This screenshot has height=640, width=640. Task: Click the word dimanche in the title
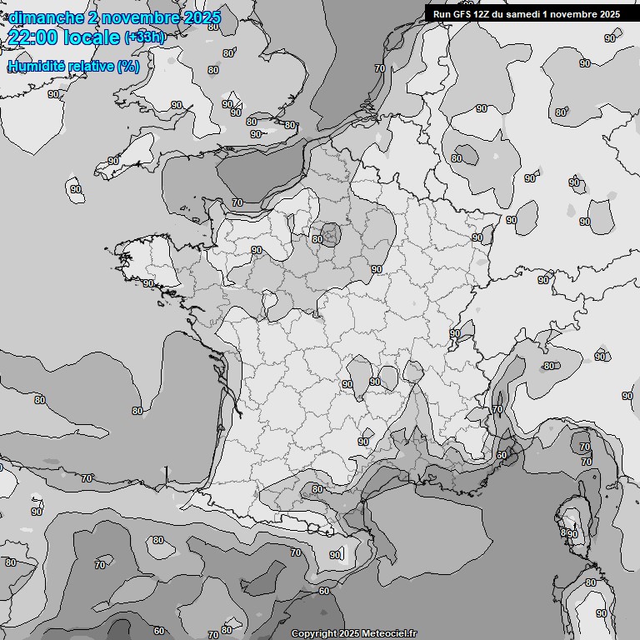tap(47, 17)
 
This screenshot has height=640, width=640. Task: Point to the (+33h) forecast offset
tap(144, 37)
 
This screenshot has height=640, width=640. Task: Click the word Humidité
tap(34, 66)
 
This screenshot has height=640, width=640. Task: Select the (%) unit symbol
tap(128, 66)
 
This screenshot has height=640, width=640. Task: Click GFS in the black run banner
tap(462, 14)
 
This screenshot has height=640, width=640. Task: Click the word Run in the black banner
tap(442, 14)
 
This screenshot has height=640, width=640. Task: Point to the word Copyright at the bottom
tap(315, 633)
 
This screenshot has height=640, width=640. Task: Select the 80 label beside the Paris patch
tap(317, 239)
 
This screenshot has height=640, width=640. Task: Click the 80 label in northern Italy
tap(548, 366)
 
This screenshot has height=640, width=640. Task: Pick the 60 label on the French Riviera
tap(501, 455)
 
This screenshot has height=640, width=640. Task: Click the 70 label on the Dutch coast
tap(379, 68)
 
